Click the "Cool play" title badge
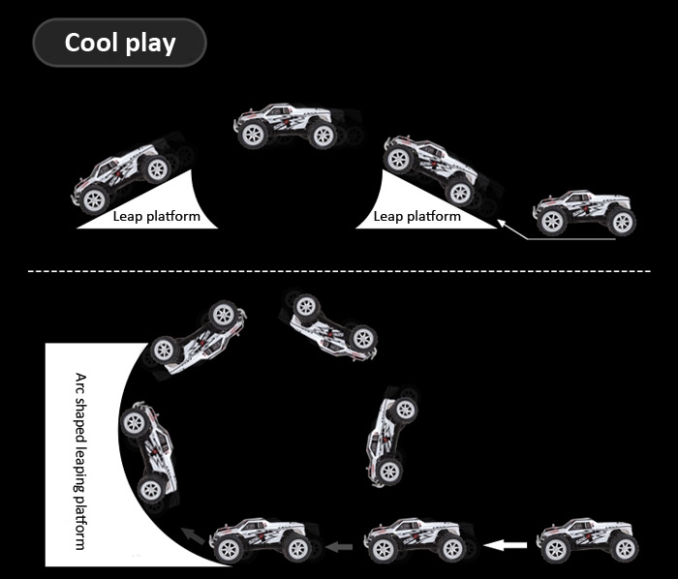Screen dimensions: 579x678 point(120,43)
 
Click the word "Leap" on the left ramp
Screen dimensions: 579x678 point(129,216)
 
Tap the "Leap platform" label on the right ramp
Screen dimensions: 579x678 point(416,216)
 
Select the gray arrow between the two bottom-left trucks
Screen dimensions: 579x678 point(339,547)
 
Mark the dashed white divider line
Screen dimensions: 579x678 point(339,272)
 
